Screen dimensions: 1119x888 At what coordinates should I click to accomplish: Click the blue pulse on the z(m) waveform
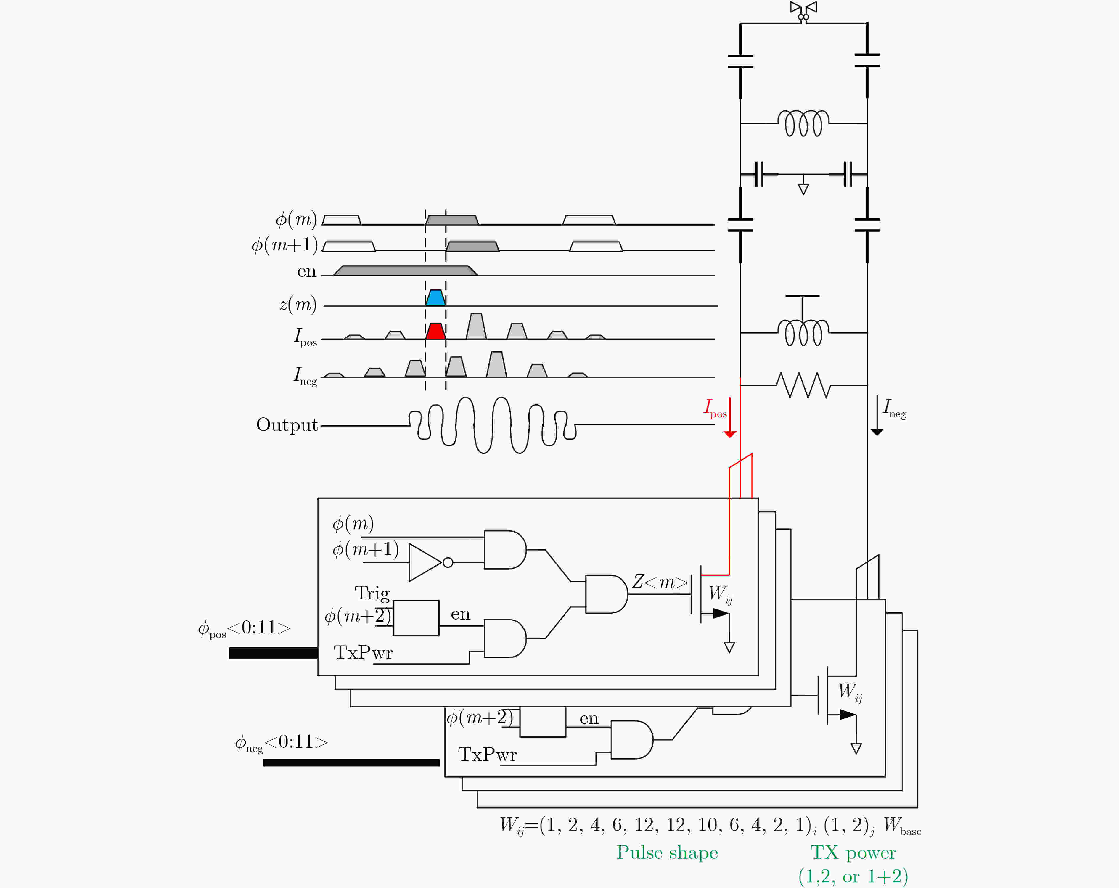(x=435, y=298)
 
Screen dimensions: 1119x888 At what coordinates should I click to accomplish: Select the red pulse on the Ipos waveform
(x=435, y=331)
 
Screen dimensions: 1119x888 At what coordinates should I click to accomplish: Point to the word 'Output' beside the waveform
(x=287, y=424)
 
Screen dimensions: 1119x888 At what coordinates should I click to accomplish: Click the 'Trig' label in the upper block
(x=372, y=593)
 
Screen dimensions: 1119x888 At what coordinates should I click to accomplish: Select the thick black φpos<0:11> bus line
(x=274, y=653)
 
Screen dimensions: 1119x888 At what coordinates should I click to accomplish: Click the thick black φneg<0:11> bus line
(x=351, y=762)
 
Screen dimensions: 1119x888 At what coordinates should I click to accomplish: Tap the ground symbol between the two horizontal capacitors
(x=803, y=186)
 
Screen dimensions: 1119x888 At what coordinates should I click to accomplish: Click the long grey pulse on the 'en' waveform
(x=405, y=271)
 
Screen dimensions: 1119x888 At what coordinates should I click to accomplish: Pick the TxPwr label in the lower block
(x=487, y=754)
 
